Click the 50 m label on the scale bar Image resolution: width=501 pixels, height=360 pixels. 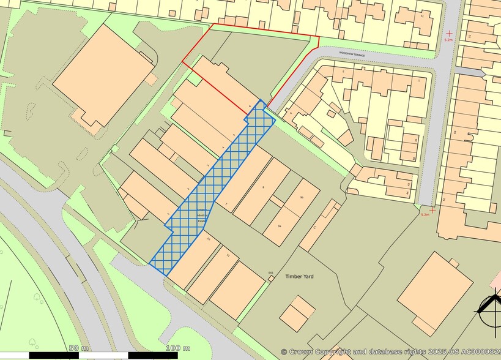coord(79,348)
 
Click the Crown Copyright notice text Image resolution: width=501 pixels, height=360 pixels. coord(390,352)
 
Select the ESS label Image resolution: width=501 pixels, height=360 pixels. coord(271,273)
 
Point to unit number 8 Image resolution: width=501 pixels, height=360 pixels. coord(262,187)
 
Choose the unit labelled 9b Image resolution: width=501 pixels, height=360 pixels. coord(302,197)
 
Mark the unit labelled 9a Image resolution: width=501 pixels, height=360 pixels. coord(280,227)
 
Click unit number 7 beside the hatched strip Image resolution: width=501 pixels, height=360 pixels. coord(226,203)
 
